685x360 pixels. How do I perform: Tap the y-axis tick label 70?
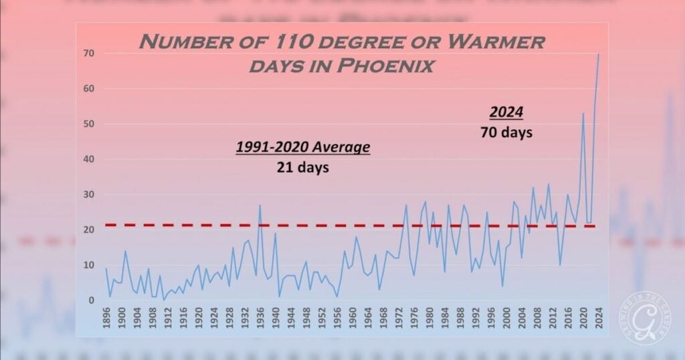(x=88, y=53)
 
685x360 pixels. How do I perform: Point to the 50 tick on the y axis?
(x=88, y=124)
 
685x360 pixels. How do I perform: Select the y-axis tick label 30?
(x=88, y=195)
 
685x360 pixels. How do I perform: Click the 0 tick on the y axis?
(x=91, y=300)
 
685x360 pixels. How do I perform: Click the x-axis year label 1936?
(x=260, y=319)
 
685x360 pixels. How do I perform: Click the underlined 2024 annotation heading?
(x=506, y=111)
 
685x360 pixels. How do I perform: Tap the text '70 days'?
(x=506, y=132)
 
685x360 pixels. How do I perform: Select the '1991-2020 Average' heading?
(x=302, y=147)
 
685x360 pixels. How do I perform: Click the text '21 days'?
(x=302, y=167)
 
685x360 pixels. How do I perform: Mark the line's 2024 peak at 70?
(x=598, y=54)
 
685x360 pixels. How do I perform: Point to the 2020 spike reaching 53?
(x=583, y=114)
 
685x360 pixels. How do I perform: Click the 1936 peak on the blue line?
(x=260, y=205)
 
